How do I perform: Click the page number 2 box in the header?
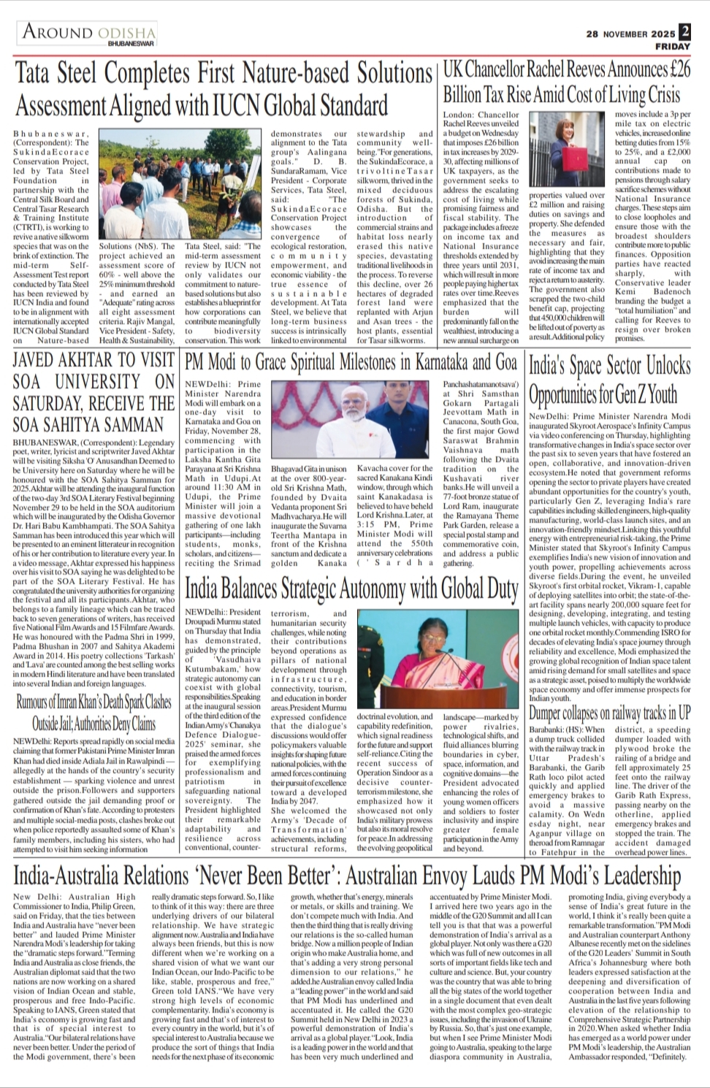tap(684, 31)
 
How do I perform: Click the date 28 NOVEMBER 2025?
tap(630, 34)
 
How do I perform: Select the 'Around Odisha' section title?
tap(89, 31)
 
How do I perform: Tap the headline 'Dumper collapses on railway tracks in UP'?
tap(610, 713)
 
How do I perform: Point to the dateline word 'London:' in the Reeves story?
tap(457, 115)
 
